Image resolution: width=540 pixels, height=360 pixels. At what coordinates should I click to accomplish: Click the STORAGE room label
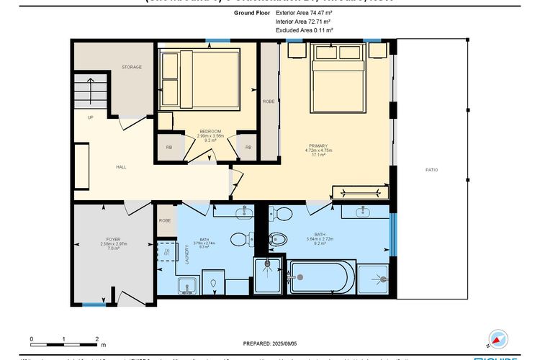(x=131, y=67)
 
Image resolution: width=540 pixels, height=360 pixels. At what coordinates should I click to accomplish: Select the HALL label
(x=121, y=166)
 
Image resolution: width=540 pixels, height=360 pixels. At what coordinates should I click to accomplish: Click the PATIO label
(x=431, y=169)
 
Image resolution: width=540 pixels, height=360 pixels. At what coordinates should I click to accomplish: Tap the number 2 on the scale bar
(x=96, y=338)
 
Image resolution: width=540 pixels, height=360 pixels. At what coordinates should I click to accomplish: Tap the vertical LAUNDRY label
(x=186, y=255)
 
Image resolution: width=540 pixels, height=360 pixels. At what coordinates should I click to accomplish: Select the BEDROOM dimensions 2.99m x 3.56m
(x=210, y=135)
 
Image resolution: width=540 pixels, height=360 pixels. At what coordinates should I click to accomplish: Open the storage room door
(x=130, y=124)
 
